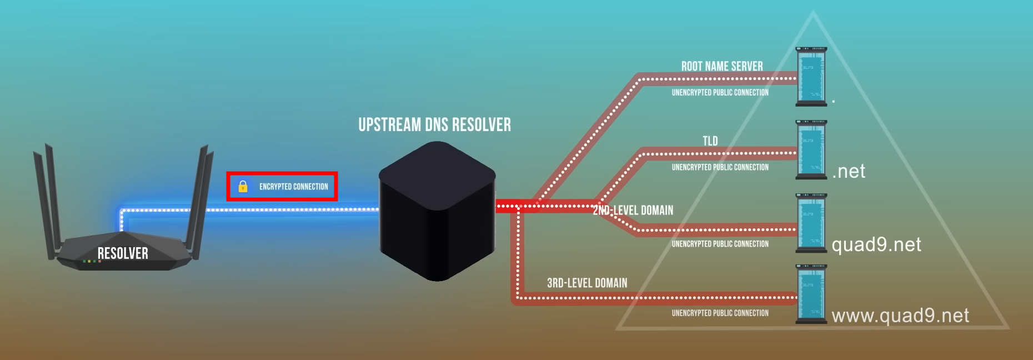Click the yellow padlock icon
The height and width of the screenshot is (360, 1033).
(x=243, y=186)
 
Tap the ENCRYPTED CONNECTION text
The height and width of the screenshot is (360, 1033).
(x=293, y=187)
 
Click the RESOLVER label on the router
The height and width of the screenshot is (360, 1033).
(x=123, y=253)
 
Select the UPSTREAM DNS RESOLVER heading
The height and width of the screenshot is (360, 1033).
(x=434, y=125)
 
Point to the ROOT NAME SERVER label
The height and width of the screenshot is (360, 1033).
(x=722, y=66)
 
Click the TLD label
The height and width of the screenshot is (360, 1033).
(x=710, y=141)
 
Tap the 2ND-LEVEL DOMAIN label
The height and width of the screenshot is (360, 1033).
(x=633, y=210)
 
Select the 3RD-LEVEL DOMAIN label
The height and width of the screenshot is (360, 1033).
(x=587, y=283)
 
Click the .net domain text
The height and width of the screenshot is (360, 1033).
(x=849, y=171)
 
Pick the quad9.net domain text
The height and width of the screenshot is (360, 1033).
(x=876, y=244)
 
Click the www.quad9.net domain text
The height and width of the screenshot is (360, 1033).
(x=900, y=316)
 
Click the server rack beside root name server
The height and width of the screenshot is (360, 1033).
(x=811, y=76)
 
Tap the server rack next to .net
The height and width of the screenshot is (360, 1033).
(x=811, y=149)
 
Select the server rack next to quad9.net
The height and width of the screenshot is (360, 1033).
(x=811, y=223)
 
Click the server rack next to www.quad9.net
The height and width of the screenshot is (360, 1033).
(x=811, y=294)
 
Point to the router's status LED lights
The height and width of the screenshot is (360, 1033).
(x=92, y=261)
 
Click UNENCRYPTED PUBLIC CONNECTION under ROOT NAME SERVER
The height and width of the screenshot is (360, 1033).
(x=720, y=93)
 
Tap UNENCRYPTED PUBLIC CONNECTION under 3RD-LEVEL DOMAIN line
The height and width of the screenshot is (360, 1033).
(x=720, y=313)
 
